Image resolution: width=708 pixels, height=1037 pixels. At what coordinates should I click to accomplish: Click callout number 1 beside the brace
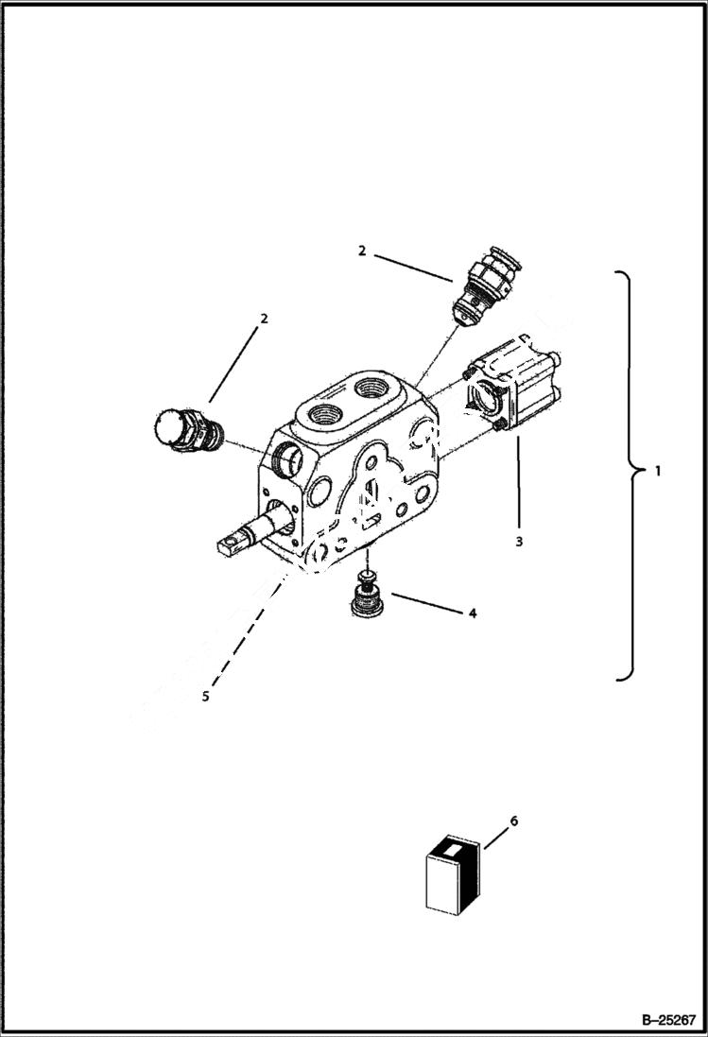(659, 470)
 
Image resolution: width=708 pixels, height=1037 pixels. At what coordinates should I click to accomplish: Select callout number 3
(519, 542)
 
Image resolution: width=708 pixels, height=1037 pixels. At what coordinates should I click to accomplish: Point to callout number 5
(205, 698)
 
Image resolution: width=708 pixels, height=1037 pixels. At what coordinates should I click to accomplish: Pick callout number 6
(513, 821)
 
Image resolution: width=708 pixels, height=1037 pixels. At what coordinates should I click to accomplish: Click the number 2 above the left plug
(264, 319)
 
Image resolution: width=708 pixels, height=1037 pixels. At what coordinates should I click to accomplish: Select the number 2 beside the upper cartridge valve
(361, 251)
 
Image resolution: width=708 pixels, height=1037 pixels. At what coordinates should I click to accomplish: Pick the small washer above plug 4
(366, 576)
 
